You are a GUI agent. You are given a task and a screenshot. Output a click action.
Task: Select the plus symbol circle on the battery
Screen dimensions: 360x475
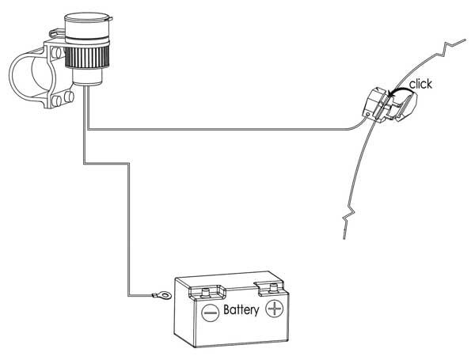coord(274,308)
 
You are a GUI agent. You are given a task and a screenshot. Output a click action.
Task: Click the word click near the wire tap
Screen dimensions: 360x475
coord(420,84)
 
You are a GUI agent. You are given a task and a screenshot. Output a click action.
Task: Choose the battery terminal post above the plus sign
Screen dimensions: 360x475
coord(272,286)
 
